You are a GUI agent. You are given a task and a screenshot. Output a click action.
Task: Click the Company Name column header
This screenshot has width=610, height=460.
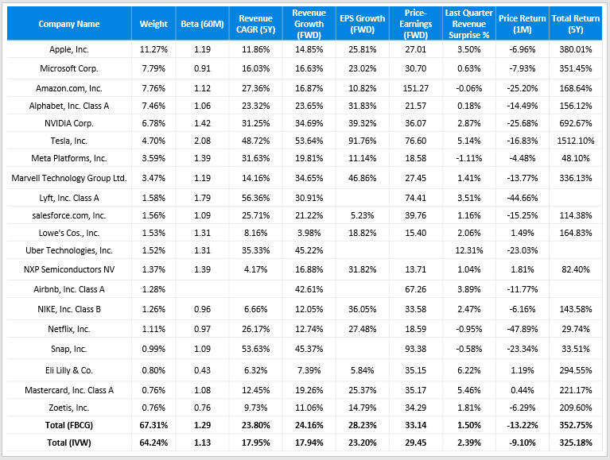click(69, 24)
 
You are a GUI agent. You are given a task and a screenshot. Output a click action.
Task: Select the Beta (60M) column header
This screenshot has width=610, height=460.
click(201, 24)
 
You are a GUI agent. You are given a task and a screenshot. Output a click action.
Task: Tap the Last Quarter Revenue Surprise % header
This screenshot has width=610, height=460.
click(469, 24)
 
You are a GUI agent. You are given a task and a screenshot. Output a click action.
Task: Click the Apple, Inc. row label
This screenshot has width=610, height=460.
click(69, 49)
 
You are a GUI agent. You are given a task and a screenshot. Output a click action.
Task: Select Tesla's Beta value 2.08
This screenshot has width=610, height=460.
click(201, 141)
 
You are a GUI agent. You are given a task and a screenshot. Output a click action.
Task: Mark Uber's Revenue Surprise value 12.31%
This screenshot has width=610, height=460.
click(469, 251)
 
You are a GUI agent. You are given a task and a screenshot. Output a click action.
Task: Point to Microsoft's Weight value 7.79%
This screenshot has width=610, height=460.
click(153, 68)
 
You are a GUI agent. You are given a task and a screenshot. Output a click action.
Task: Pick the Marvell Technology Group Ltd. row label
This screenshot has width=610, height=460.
click(69, 178)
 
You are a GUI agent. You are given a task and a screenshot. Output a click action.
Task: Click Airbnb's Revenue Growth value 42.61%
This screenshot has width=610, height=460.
click(309, 289)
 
